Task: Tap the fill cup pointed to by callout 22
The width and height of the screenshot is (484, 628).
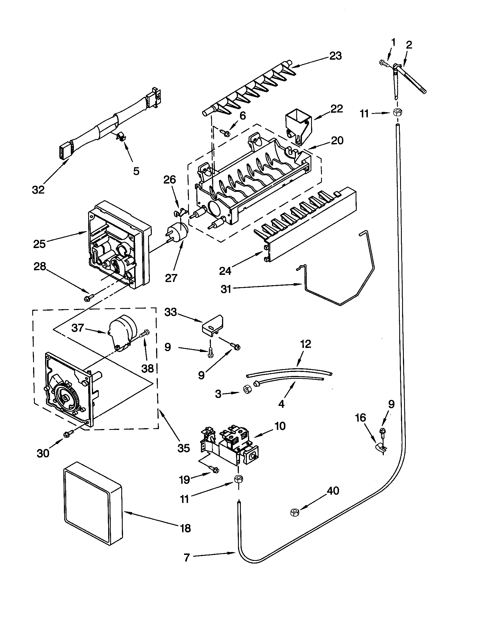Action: tap(298, 126)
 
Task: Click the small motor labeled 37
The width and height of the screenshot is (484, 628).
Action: tap(121, 331)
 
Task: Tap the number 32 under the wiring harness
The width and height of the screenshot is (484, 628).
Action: tap(38, 190)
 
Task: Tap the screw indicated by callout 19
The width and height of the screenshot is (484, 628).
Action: tap(214, 469)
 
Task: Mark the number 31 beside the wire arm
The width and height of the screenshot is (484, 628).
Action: tap(226, 289)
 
